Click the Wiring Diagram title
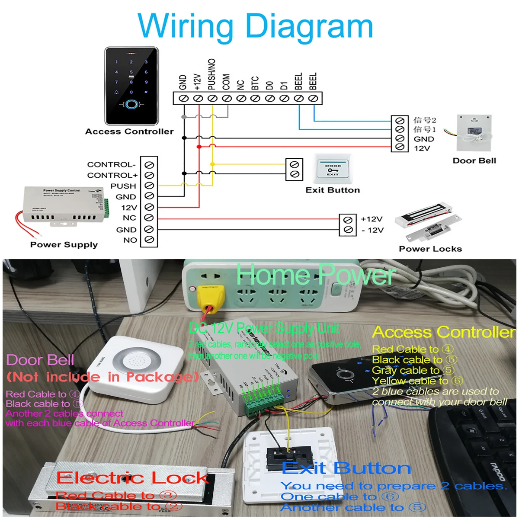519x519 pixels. [x=255, y=27]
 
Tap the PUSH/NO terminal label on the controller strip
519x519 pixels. [x=212, y=74]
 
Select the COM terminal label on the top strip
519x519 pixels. [x=226, y=82]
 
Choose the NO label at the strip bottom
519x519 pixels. [x=130, y=240]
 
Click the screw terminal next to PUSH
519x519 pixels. [x=149, y=186]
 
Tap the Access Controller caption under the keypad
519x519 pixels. [x=129, y=131]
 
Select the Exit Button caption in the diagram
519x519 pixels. [x=333, y=190]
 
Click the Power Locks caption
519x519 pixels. [x=430, y=249]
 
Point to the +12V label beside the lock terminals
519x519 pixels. [x=372, y=219]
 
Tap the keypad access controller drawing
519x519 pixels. [x=131, y=86]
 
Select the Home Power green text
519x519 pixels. [x=316, y=275]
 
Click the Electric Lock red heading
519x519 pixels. [x=132, y=478]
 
